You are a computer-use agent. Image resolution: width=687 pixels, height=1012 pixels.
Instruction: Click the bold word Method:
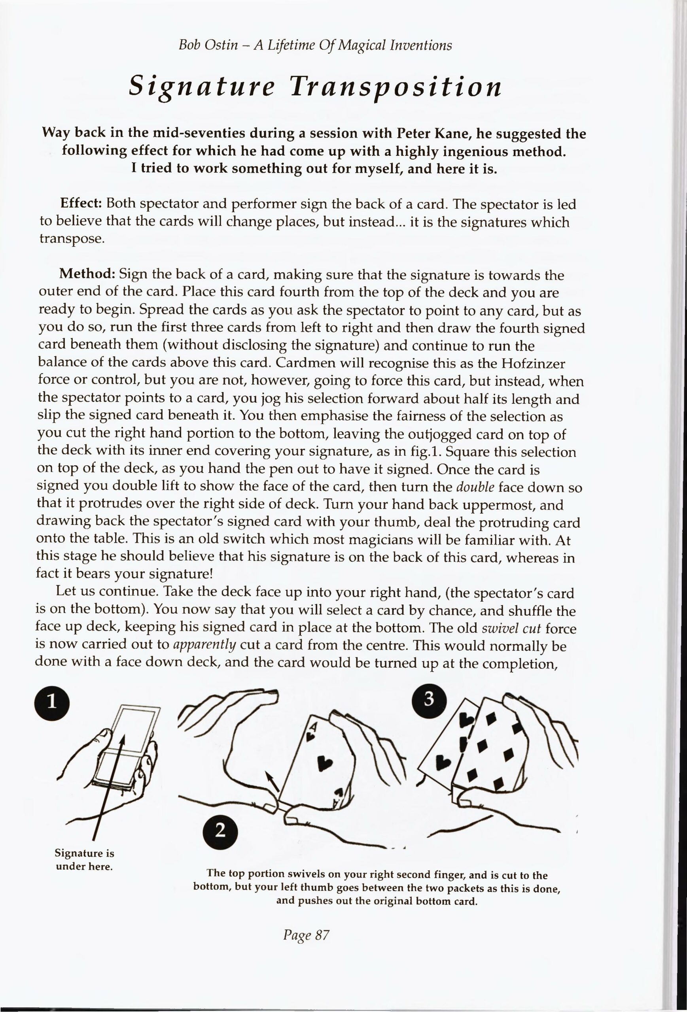click(87, 275)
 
